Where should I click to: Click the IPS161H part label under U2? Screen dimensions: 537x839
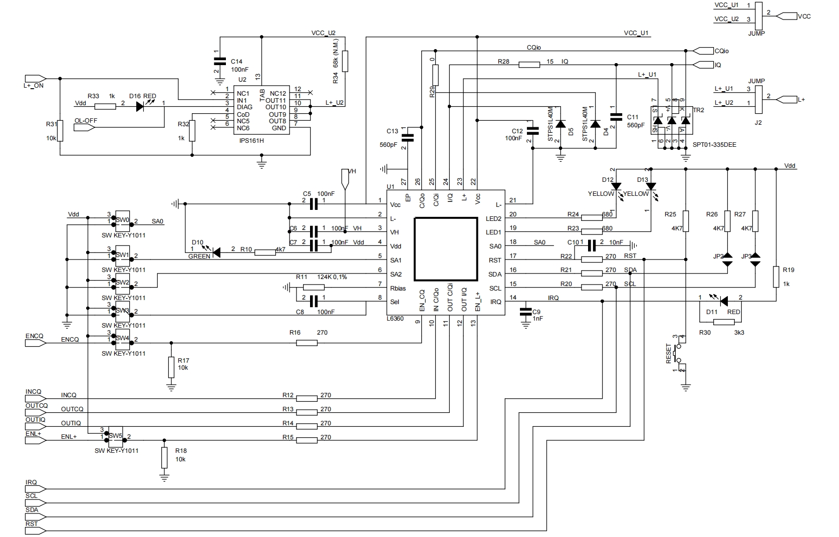[x=251, y=141]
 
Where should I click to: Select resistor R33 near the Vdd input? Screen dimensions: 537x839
[x=105, y=106]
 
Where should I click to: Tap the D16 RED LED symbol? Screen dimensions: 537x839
[x=141, y=106]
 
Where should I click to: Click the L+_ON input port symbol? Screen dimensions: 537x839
[x=35, y=79]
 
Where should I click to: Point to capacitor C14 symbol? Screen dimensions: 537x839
[x=219, y=62]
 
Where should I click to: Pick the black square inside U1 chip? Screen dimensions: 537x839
[x=446, y=249]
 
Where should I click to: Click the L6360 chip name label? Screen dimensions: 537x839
[x=395, y=319]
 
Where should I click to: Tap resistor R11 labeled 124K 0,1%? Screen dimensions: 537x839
[x=314, y=288]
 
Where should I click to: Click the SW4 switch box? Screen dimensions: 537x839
[x=123, y=339]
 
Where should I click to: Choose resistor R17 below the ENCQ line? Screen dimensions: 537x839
[x=171, y=367]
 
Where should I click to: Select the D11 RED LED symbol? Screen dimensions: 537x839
[x=723, y=301]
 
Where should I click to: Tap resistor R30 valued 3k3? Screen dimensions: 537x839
[x=723, y=322]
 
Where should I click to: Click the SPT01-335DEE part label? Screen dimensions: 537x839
[x=714, y=145]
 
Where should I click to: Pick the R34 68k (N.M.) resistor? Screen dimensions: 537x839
[x=346, y=61]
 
